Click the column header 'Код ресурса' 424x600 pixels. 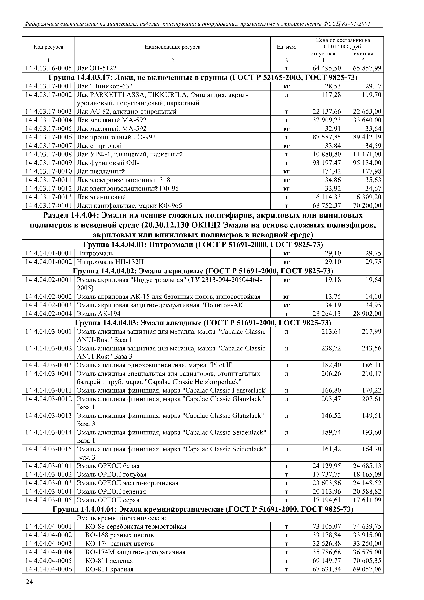coord(48,47)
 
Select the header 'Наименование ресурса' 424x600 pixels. coord(173,47)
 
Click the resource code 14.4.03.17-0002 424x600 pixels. coord(48,95)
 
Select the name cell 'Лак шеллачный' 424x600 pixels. coord(101,171)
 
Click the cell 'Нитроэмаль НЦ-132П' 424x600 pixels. coord(110,262)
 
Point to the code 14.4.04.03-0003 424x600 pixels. coord(48,365)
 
